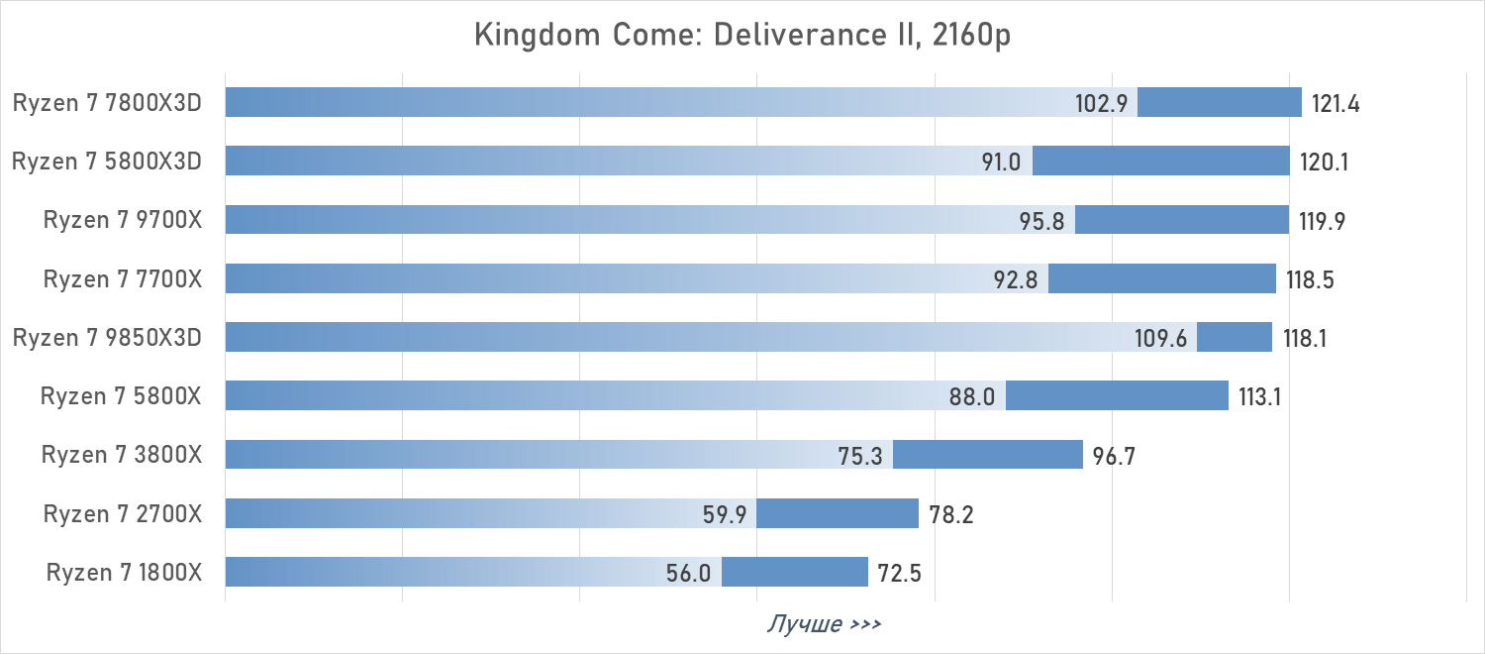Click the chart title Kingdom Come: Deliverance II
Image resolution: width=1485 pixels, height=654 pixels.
[x=742, y=35]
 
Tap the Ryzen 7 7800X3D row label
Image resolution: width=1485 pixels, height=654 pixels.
[x=107, y=102]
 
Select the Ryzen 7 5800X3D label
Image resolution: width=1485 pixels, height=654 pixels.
[x=107, y=161]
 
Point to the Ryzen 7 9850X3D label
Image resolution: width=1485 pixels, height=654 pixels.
[x=107, y=337]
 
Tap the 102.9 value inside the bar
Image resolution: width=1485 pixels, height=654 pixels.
[x=1102, y=103]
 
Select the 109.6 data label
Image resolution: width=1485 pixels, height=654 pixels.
[x=1161, y=338]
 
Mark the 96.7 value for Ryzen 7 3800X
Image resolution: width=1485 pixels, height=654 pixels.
[x=1115, y=456]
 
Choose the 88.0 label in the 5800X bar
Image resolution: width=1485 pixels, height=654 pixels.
[x=971, y=396]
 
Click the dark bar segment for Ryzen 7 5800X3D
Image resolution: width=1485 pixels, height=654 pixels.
[x=1160, y=161]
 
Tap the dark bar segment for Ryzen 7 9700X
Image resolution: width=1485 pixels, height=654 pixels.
[x=1181, y=220]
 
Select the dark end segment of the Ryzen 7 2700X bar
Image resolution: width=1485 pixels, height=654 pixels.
[x=838, y=513]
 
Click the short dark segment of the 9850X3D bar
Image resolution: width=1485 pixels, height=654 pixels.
[x=1235, y=337]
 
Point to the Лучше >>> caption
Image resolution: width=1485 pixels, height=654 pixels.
[x=824, y=624]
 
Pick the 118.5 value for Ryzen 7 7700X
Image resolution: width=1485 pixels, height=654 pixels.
[x=1311, y=279]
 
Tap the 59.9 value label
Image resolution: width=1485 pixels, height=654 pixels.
[x=724, y=514]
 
